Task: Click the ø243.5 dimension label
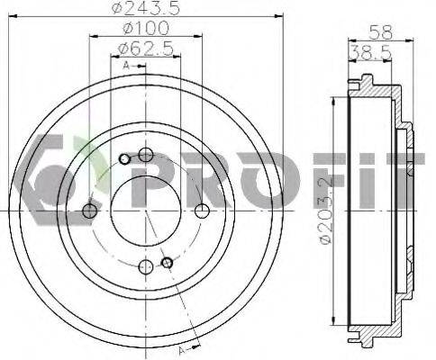coord(146,8)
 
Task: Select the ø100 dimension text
coord(146,28)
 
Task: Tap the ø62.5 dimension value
coord(146,48)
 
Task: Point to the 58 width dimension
coord(381,31)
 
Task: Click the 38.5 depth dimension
coord(371,52)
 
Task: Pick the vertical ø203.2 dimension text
coord(326,211)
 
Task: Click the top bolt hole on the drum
coord(146,155)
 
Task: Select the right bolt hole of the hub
coord(202,211)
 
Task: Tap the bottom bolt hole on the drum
coord(146,266)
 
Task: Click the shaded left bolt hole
coord(89,211)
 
